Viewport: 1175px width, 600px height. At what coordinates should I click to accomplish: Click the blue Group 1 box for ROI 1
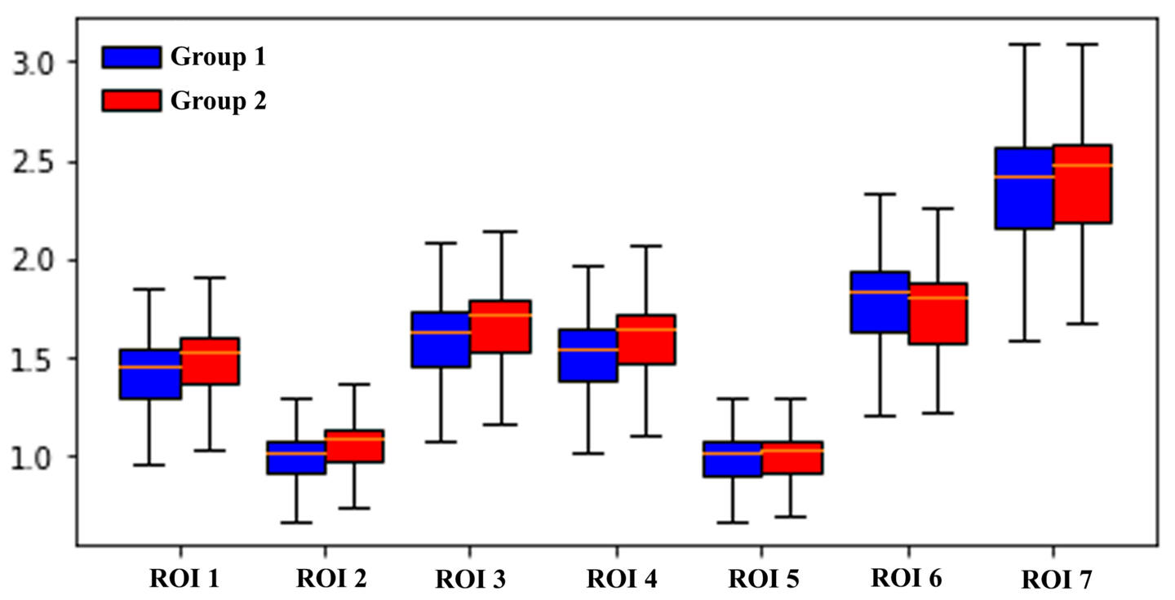[x=149, y=374]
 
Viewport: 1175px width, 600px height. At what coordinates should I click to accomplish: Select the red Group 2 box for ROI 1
[x=210, y=360]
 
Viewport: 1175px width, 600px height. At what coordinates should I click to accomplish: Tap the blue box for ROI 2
[x=295, y=457]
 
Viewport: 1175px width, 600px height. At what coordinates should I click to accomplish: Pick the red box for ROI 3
[x=500, y=326]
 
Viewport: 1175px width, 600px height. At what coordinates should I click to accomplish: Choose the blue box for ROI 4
[x=587, y=355]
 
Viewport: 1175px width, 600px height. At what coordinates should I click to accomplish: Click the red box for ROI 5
[x=791, y=457]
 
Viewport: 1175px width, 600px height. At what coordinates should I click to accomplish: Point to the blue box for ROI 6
[x=880, y=302]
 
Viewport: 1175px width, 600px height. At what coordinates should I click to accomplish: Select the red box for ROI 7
[x=1082, y=184]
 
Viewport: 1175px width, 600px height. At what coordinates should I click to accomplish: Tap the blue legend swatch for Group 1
[x=131, y=56]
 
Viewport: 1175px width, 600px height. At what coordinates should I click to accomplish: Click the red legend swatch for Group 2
[x=131, y=100]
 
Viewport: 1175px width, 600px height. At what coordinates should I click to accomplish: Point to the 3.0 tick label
[x=35, y=62]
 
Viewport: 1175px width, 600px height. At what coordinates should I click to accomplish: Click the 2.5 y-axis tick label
[x=35, y=161]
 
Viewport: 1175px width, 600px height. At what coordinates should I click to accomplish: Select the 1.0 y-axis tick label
[x=35, y=457]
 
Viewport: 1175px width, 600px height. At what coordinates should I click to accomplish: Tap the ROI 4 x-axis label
[x=621, y=579]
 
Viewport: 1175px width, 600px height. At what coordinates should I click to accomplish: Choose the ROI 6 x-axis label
[x=906, y=577]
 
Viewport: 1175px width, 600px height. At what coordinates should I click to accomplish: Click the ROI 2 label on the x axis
[x=330, y=579]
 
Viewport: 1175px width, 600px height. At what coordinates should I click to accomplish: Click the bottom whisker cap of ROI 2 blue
[x=295, y=523]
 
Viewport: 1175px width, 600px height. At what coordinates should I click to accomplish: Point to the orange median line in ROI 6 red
[x=938, y=298]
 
